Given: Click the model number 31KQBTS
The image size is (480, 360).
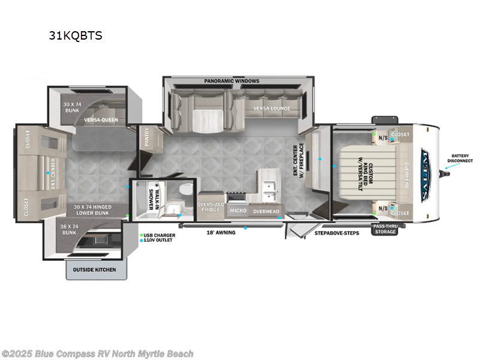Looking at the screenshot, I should [x=76, y=35].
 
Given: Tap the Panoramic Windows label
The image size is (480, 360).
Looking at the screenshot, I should [x=231, y=80].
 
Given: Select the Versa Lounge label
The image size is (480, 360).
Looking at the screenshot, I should [x=272, y=109].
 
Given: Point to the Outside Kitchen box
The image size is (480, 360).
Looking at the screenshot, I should [x=96, y=269].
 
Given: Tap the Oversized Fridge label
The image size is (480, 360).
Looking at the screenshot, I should [x=211, y=207].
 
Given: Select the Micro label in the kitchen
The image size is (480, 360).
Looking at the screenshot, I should [x=238, y=211].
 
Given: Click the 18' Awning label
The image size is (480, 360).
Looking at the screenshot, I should [x=220, y=232].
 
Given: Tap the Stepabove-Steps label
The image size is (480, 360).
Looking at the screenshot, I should [x=337, y=233].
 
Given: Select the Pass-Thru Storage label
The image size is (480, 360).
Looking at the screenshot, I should [x=385, y=229].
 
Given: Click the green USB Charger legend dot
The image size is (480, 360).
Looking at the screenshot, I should [x=142, y=235].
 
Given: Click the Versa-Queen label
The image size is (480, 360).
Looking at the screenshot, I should [x=101, y=119].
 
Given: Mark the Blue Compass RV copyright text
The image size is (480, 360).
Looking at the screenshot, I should [x=97, y=354].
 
